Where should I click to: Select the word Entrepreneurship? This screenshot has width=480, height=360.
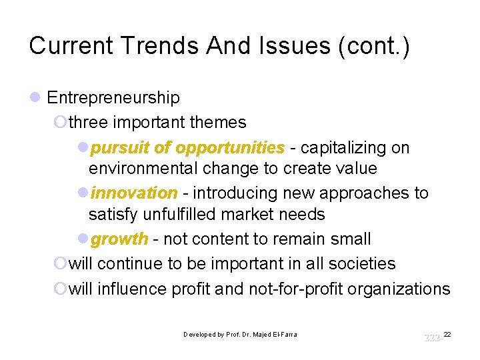(x=113, y=98)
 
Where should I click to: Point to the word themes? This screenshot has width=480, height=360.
(x=218, y=123)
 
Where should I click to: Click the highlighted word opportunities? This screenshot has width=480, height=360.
(x=229, y=147)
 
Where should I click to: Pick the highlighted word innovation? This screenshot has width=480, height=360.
(x=134, y=193)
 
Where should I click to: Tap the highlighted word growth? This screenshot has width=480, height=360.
(x=119, y=239)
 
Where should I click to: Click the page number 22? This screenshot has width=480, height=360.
(x=447, y=333)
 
